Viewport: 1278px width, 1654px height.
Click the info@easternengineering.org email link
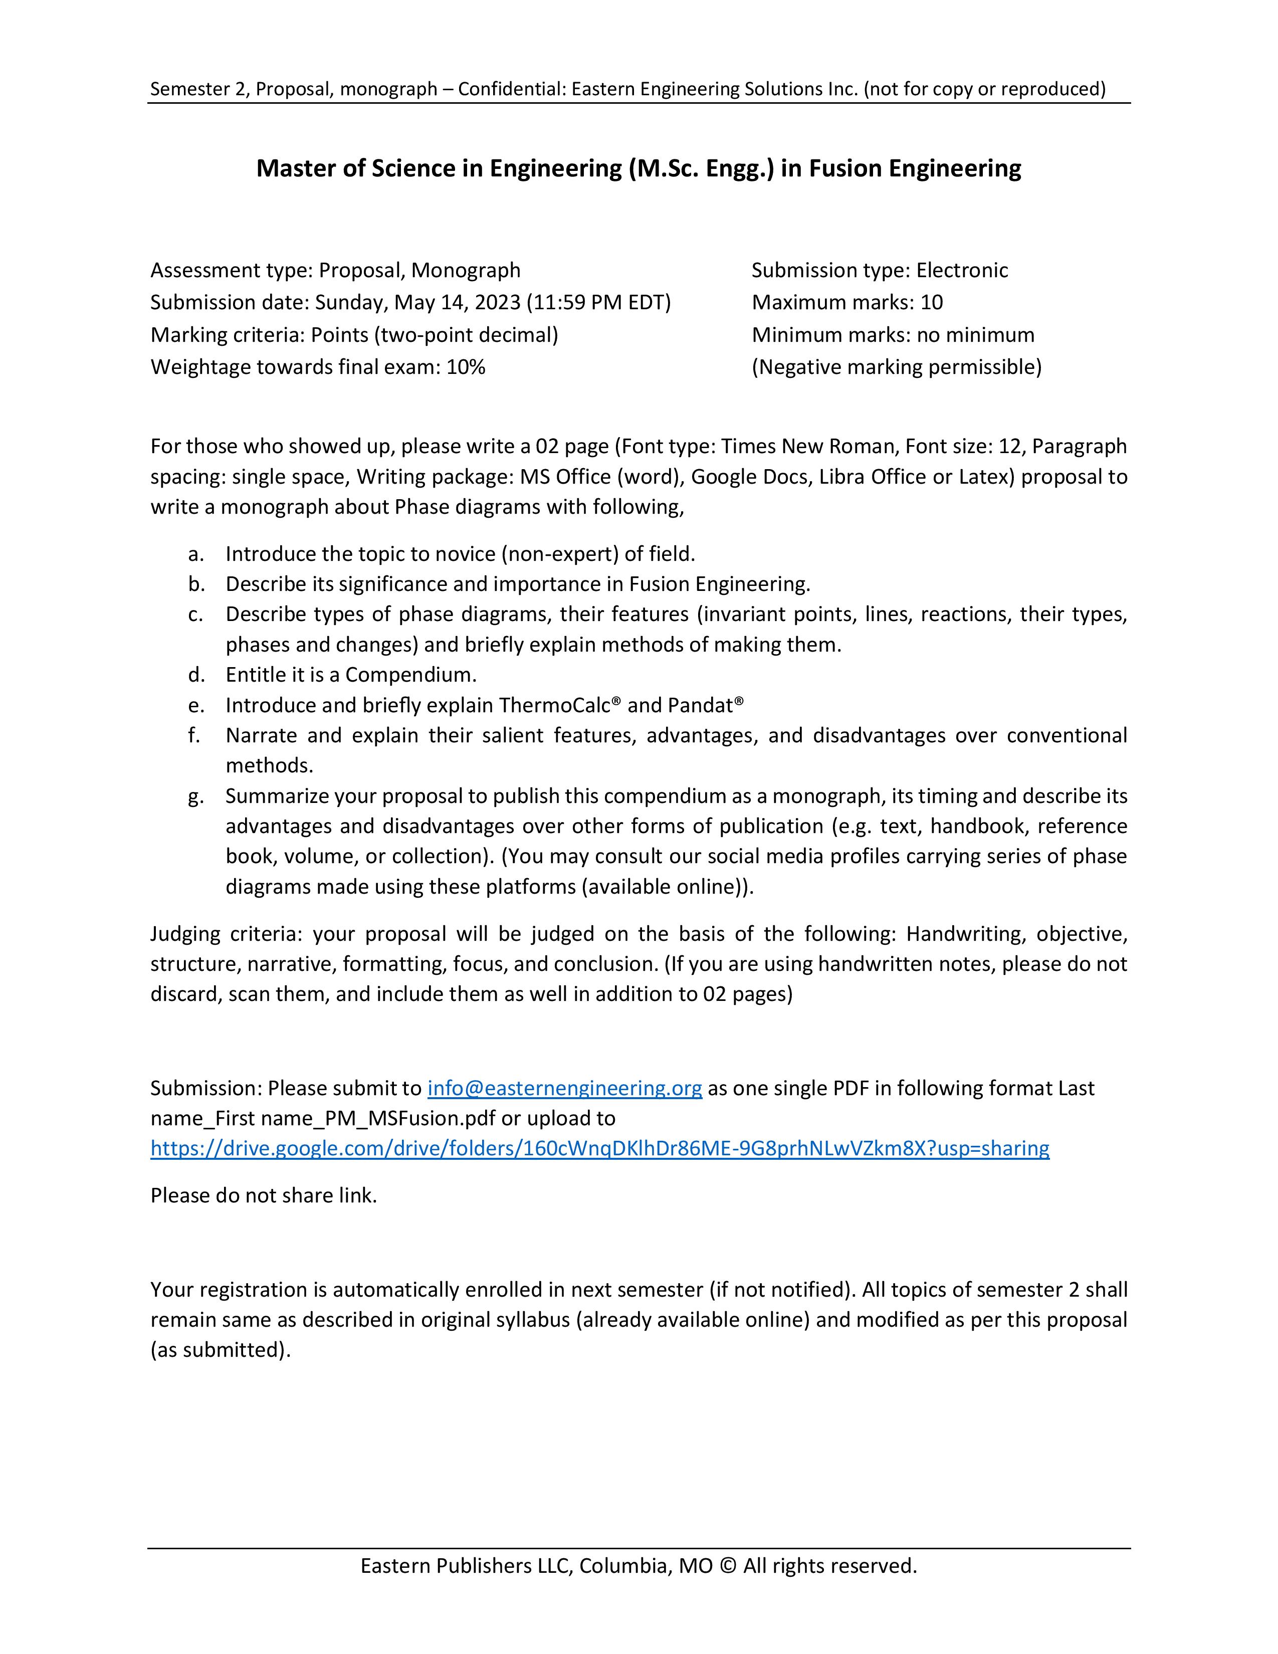click(x=564, y=1088)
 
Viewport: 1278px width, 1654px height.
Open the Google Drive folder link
click(x=599, y=1148)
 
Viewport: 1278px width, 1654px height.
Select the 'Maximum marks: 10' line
click(x=847, y=302)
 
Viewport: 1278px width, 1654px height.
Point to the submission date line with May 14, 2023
click(x=410, y=302)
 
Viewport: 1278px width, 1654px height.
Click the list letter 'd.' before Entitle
click(x=196, y=674)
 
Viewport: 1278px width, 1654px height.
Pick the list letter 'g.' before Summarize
click(x=196, y=796)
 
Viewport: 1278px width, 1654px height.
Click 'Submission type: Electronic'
click(x=880, y=270)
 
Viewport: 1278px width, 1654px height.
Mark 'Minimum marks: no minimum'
click(x=893, y=335)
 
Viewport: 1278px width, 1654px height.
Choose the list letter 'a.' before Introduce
click(x=196, y=554)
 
